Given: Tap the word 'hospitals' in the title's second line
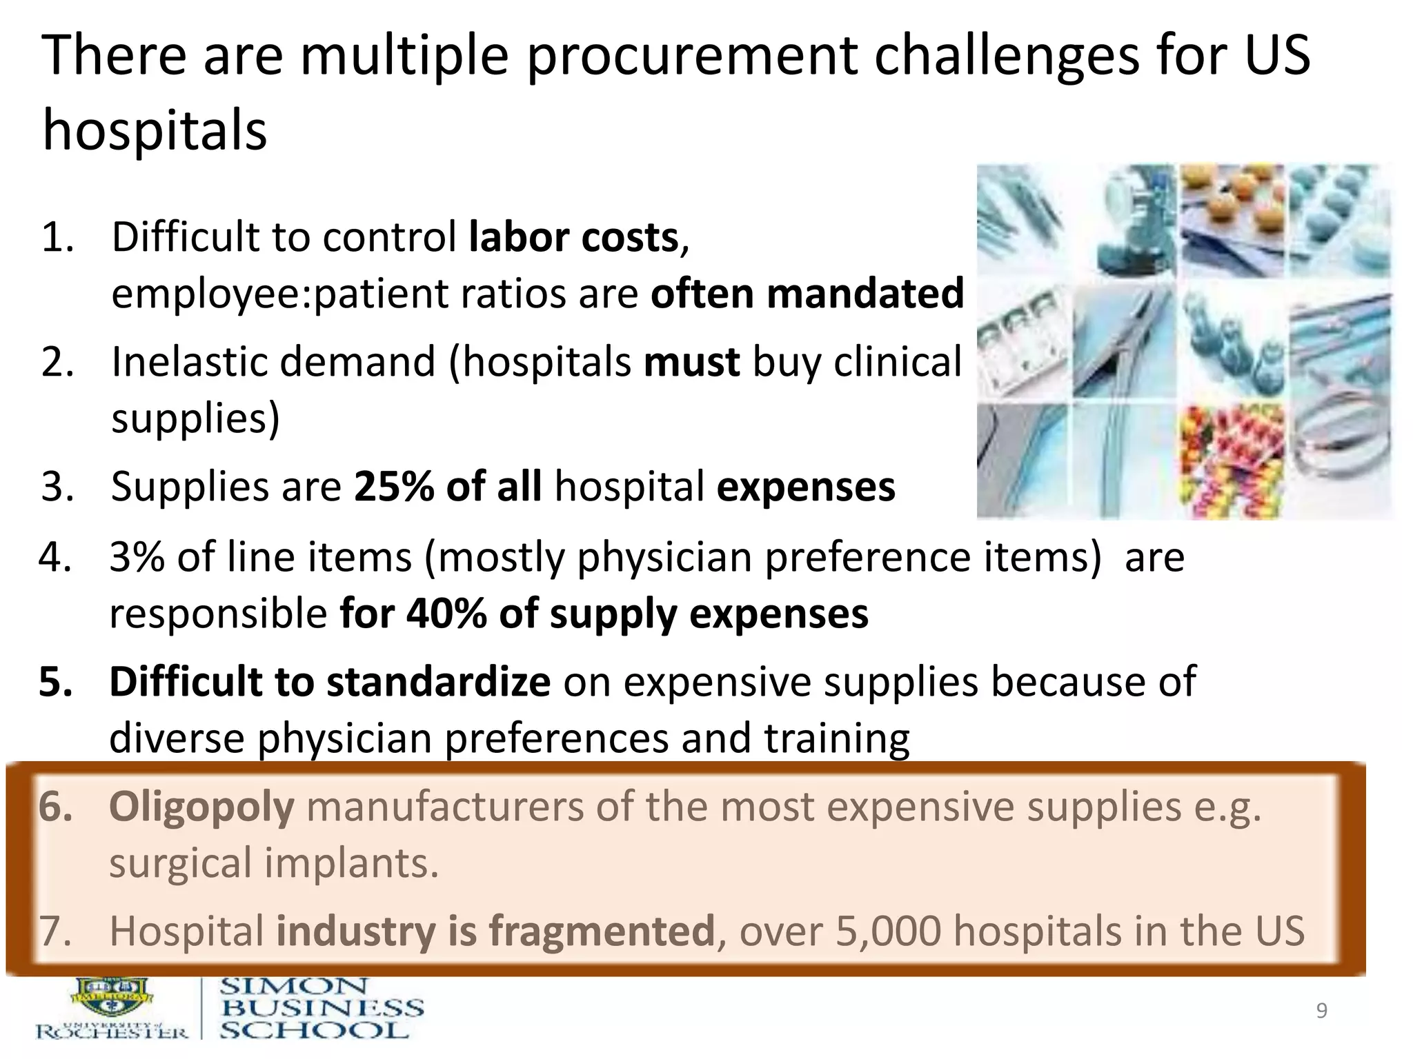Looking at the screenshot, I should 155,131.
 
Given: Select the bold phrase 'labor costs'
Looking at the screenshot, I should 573,238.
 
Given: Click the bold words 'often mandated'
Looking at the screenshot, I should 807,294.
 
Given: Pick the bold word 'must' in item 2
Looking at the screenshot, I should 691,363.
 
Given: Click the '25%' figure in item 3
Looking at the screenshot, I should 394,487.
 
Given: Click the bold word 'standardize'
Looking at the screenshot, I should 438,683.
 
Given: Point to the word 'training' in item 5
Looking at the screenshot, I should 836,738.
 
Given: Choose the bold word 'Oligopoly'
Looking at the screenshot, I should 201,807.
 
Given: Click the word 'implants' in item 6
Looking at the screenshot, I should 351,863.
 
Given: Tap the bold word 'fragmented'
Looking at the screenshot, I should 601,931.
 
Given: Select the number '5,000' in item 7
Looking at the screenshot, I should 889,931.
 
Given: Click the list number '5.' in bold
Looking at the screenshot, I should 56,683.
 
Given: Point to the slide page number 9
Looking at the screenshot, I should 1321,1011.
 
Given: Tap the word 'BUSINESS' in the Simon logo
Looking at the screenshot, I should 322,1008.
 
